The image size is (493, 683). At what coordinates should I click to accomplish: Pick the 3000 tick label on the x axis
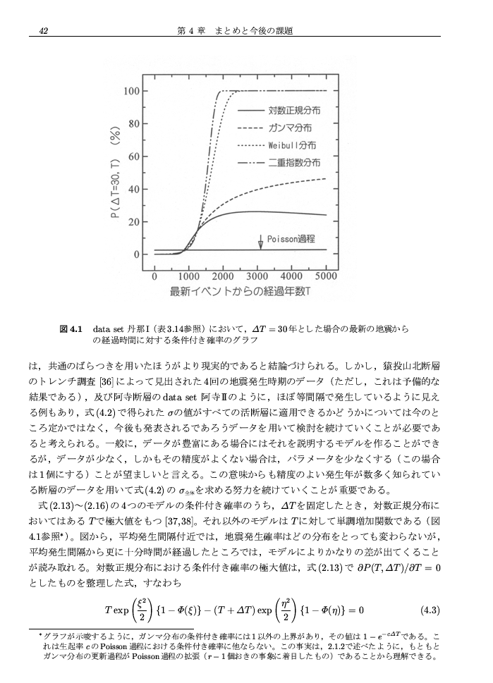pos(257,276)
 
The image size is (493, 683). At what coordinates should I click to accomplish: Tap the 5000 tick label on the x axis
pos(326,276)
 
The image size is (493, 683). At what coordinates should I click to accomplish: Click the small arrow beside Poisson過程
pos(261,240)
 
